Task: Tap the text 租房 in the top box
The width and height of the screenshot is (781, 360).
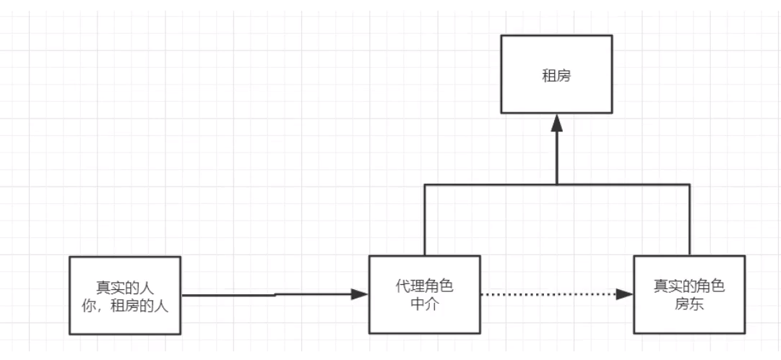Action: pos(556,74)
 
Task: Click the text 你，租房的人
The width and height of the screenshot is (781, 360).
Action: pos(125,306)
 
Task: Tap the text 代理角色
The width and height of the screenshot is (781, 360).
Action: pos(425,286)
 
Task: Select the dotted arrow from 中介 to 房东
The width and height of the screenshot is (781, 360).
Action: pos(549,294)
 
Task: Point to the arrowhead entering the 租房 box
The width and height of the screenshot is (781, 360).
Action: pos(556,123)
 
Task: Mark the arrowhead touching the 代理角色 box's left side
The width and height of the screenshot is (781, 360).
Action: pos(360,294)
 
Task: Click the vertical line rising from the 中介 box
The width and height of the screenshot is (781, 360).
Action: pos(424,220)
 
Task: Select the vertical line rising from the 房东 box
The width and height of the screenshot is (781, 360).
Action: pos(689,220)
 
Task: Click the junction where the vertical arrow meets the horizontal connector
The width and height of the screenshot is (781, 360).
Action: pos(556,184)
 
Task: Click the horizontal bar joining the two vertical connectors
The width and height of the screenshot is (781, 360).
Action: pos(491,184)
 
